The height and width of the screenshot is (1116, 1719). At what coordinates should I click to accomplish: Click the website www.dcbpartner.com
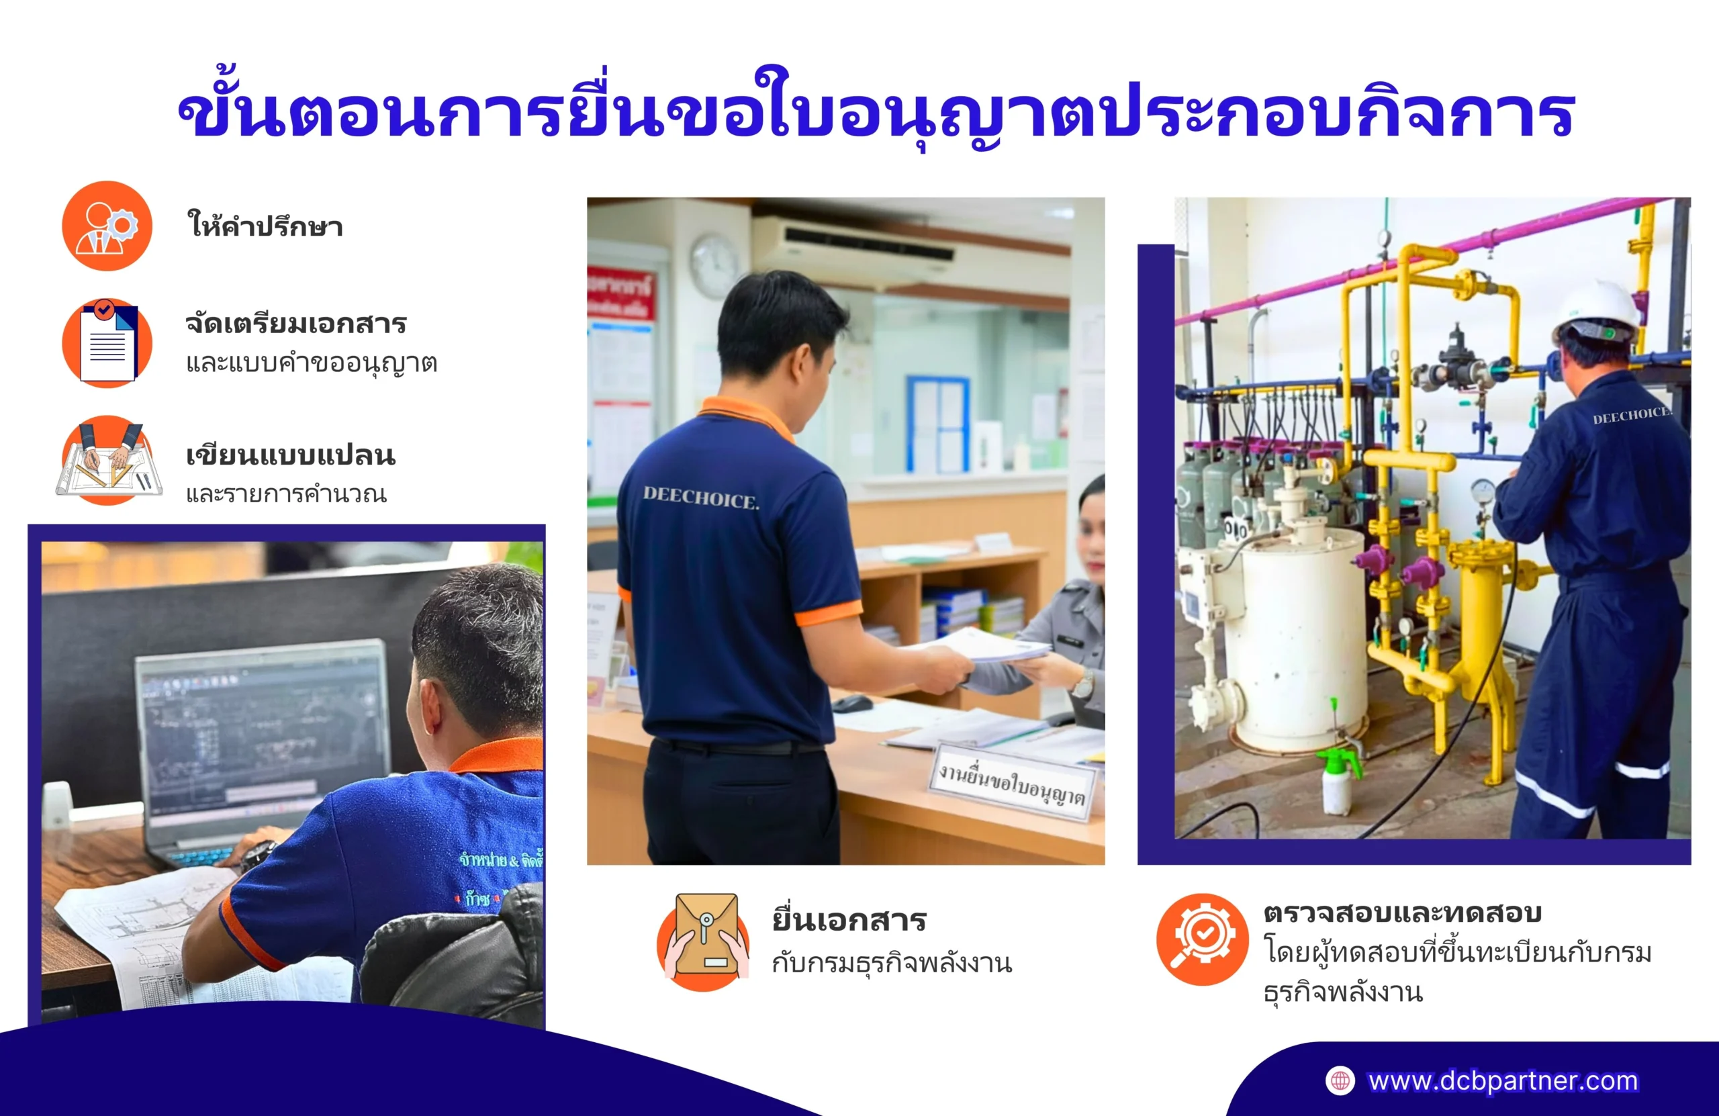click(1502, 1080)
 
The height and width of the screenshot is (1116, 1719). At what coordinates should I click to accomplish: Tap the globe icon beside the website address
click(1340, 1080)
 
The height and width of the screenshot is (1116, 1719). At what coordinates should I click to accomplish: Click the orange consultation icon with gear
click(107, 226)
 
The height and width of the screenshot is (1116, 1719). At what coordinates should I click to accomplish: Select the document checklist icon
click(107, 342)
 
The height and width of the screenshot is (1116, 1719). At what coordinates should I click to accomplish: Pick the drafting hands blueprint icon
click(108, 460)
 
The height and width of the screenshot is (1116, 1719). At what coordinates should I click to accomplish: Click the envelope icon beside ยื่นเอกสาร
click(704, 941)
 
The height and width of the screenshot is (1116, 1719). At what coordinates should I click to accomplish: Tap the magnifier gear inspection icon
click(1202, 939)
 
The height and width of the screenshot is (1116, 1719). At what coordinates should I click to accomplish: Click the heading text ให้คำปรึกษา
click(265, 226)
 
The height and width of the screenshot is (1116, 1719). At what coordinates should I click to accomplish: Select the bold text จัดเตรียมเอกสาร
click(296, 323)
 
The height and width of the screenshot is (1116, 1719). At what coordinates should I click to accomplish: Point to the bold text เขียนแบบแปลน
click(290, 455)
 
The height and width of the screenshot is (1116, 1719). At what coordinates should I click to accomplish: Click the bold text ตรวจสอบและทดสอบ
click(1402, 913)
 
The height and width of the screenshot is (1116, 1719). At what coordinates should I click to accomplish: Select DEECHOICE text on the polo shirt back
click(700, 498)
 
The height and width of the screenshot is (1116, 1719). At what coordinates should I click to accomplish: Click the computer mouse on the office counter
click(852, 702)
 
